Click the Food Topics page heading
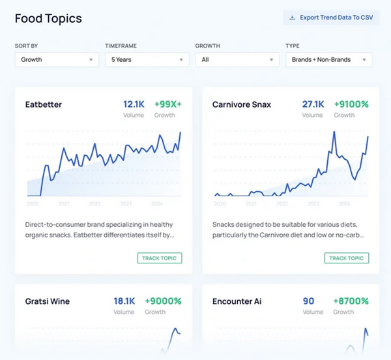48,18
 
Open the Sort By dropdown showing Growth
56,59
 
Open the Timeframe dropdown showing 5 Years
147,59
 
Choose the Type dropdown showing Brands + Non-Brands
328,59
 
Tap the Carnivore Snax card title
242,104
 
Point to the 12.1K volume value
134,104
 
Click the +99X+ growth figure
168,104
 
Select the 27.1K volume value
313,104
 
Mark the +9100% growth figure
351,104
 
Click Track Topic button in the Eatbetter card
160,258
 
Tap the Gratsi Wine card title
48,301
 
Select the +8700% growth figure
351,301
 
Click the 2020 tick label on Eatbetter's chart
33,203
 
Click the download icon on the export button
292,18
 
